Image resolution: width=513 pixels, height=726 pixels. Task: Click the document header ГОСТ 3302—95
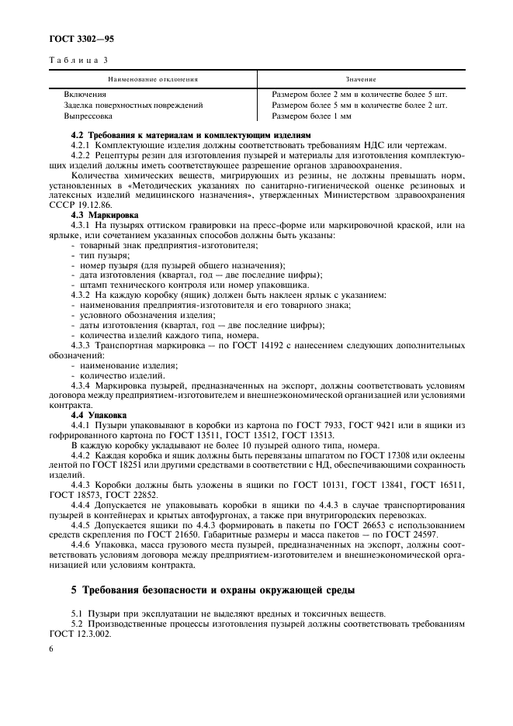tap(82, 36)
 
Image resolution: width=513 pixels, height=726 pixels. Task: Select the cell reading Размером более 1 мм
tap(311, 116)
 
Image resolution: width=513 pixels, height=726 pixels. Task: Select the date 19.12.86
tap(95, 205)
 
